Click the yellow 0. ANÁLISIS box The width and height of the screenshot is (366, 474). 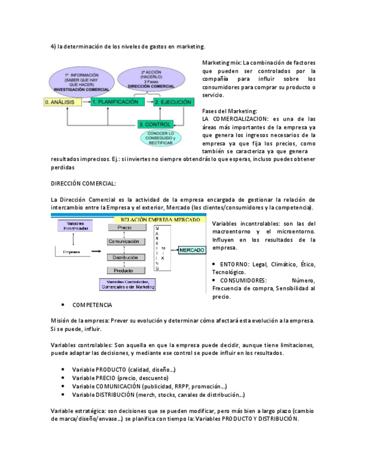coord(64,102)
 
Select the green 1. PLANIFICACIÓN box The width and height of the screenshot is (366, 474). coord(115,102)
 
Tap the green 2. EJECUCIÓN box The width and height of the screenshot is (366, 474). coord(173,102)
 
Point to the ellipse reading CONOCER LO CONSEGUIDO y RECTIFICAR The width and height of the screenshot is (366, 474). coord(161,139)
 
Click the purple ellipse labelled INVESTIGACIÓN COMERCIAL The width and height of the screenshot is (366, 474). coord(82,82)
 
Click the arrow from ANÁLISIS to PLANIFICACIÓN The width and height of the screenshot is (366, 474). coord(87,102)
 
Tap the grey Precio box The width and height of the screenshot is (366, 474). coord(124,227)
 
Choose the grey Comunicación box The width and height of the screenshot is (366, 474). coord(124,241)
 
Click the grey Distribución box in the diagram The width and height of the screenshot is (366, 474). coord(124,257)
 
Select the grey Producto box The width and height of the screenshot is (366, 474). coord(124,271)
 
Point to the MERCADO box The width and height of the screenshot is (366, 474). coord(191,250)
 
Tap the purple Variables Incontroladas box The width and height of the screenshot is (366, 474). coord(78,226)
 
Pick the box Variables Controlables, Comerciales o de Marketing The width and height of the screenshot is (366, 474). coord(127,284)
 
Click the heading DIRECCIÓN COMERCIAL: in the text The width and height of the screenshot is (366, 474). coord(83,183)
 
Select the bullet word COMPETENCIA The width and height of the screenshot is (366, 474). coord(92,305)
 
